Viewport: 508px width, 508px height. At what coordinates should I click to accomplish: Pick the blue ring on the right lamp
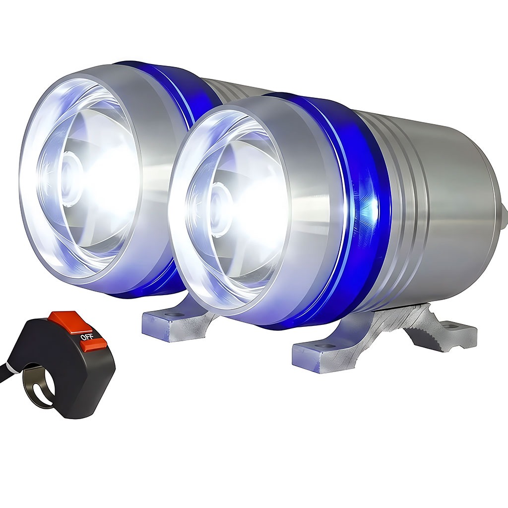point(350,207)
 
